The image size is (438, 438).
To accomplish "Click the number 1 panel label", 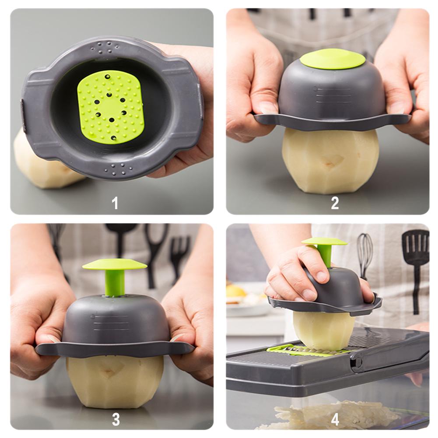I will point(115,203).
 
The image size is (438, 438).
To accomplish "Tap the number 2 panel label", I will point(335,203).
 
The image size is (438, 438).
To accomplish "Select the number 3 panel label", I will point(116,419).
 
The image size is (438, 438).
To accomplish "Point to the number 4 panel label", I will point(335,419).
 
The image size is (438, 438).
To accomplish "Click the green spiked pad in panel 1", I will point(110,107).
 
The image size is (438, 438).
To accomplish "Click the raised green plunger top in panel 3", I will point(115,264).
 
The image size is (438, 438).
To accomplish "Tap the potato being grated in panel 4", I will point(324,330).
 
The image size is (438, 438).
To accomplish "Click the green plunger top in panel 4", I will point(324,242).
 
